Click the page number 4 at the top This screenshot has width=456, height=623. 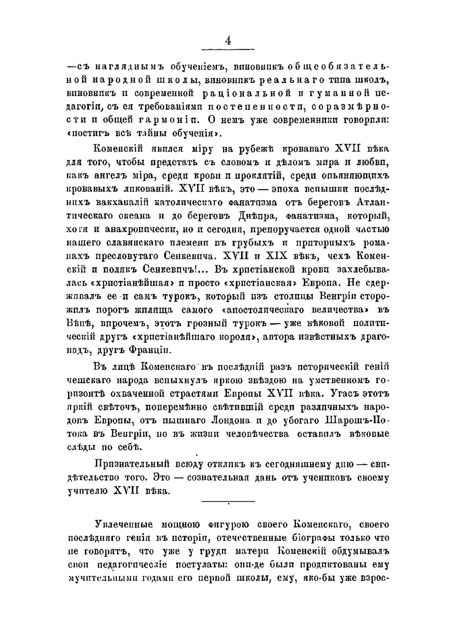click(228, 41)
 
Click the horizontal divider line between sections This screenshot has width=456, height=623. click(228, 502)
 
